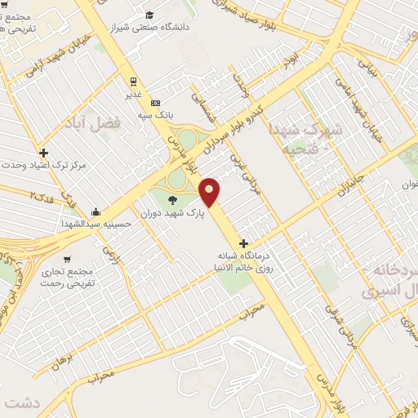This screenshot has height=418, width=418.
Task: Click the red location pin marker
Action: click(210, 191)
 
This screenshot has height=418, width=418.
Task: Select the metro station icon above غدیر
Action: click(132, 81)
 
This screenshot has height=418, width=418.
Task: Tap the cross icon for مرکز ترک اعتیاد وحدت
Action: click(43, 152)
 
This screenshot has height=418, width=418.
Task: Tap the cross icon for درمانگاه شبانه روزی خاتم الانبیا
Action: click(242, 242)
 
